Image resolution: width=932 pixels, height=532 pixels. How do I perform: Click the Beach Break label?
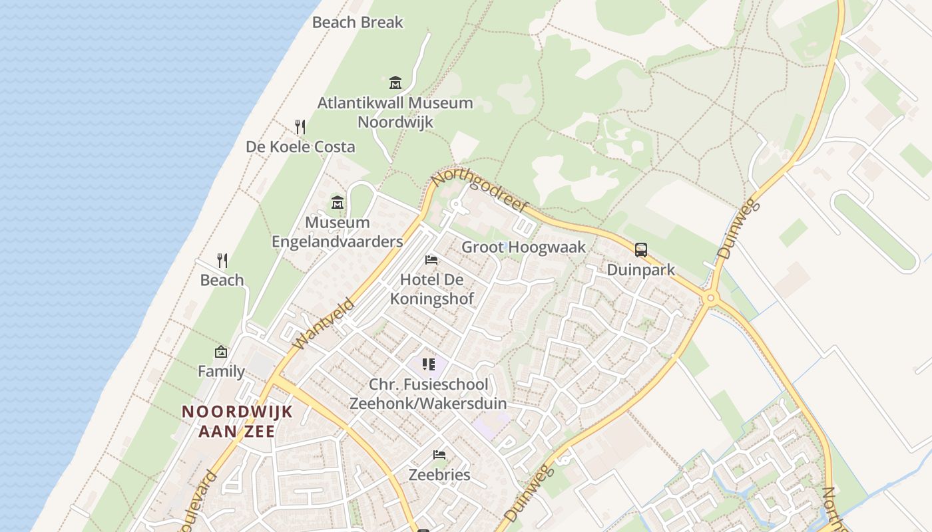pyautogui.click(x=357, y=22)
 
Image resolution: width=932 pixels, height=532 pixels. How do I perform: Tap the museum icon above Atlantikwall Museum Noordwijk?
pyautogui.click(x=395, y=83)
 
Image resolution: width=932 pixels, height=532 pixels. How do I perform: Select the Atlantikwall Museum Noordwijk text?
pyautogui.click(x=395, y=112)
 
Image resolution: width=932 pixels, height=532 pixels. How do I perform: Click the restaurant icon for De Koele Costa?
pyautogui.click(x=300, y=126)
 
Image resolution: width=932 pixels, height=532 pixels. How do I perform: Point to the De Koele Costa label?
pyautogui.click(x=300, y=147)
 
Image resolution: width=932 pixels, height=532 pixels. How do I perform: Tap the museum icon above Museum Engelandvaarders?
pyautogui.click(x=338, y=202)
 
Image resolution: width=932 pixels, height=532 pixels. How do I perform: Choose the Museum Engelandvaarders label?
pyautogui.click(x=338, y=232)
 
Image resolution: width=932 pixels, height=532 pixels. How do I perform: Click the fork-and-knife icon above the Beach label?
pyautogui.click(x=222, y=260)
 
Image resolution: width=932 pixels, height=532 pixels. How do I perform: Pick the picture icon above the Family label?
pyautogui.click(x=221, y=352)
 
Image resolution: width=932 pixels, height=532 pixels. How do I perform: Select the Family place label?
pyautogui.click(x=221, y=371)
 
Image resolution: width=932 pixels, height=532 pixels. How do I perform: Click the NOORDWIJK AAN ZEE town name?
pyautogui.click(x=237, y=421)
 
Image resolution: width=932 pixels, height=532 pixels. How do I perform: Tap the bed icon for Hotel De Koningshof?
pyautogui.click(x=431, y=259)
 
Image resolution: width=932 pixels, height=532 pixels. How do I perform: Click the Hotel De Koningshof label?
pyautogui.click(x=431, y=289)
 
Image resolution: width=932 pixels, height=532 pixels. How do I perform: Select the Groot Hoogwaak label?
pyautogui.click(x=524, y=247)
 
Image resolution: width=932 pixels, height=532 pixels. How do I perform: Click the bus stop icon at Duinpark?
pyautogui.click(x=641, y=250)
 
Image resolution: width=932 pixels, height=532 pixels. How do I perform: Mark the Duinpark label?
pyautogui.click(x=641, y=270)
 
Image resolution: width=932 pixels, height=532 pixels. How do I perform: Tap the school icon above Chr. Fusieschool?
pyautogui.click(x=429, y=364)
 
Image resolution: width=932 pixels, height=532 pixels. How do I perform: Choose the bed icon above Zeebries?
pyautogui.click(x=439, y=455)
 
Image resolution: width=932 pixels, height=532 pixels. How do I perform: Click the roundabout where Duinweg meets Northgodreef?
pyautogui.click(x=710, y=299)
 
